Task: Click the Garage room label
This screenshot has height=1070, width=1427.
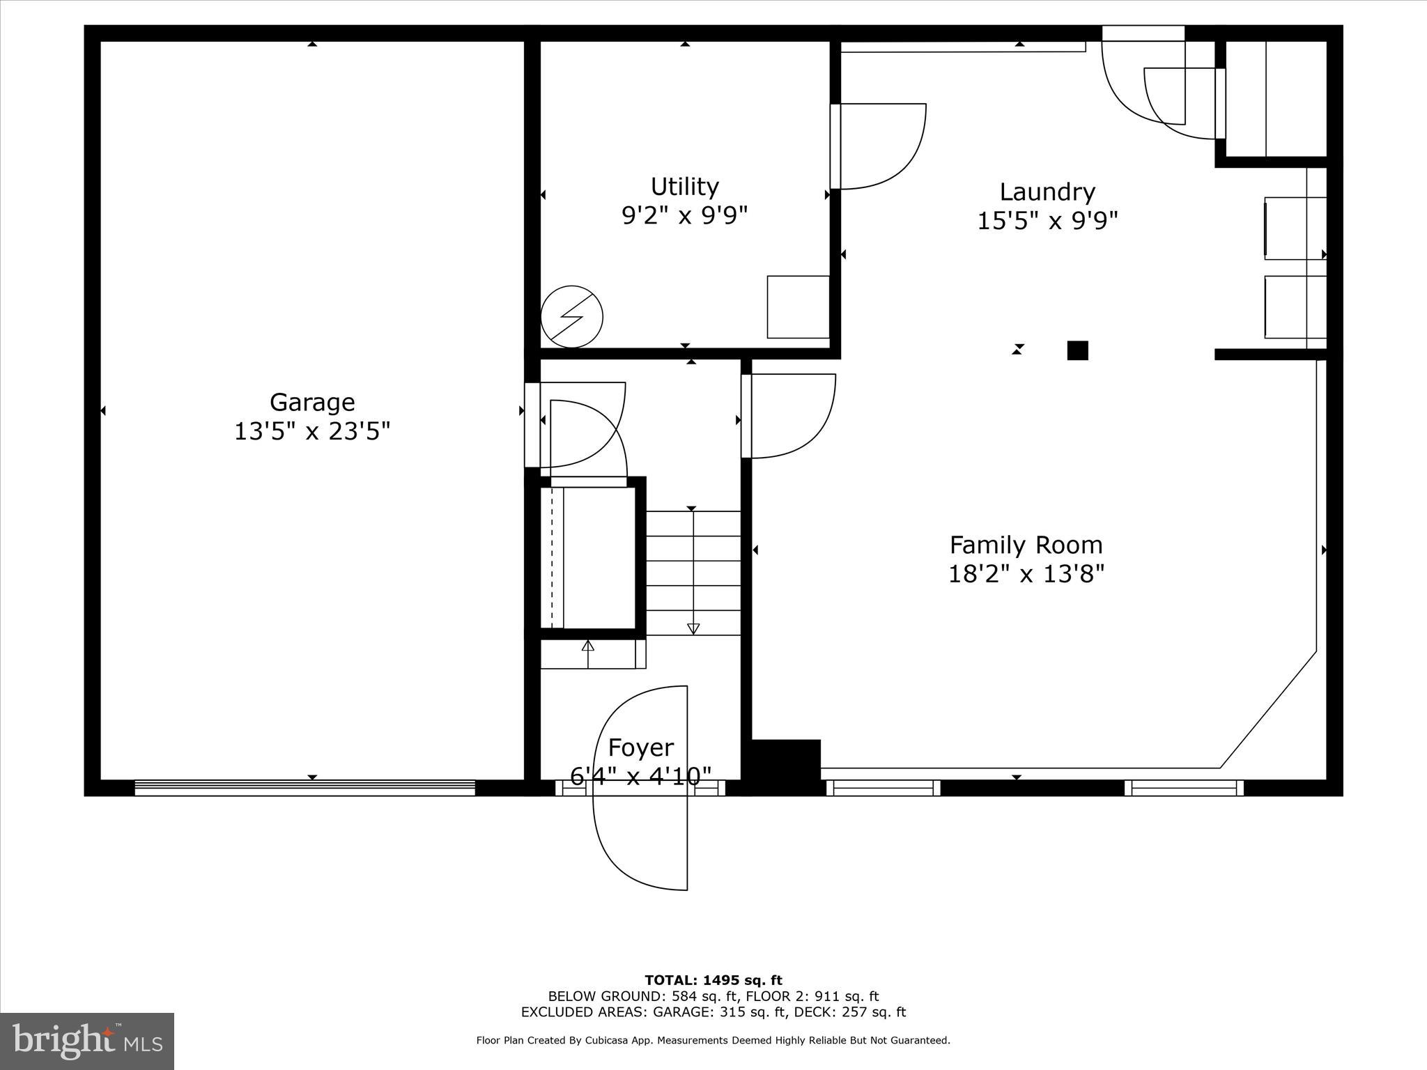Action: point(312,402)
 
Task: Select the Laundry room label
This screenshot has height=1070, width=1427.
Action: point(1047,192)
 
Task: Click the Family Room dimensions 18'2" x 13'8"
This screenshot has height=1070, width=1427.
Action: point(1026,574)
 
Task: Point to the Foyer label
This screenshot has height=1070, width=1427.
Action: point(640,747)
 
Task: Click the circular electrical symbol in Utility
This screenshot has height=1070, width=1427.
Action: point(571,316)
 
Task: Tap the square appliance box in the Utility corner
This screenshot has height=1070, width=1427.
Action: point(798,307)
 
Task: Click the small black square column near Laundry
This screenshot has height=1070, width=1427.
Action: point(1077,350)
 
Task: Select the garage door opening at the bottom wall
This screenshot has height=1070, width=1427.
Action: point(304,788)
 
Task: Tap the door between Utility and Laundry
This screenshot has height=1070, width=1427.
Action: point(878,146)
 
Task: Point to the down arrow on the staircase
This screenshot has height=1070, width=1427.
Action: point(693,628)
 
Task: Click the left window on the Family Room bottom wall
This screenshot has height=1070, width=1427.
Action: point(883,788)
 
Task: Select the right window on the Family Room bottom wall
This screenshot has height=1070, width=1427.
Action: point(1184,788)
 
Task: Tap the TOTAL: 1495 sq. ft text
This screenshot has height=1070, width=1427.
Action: point(713,981)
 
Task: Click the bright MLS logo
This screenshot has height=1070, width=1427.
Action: point(87,1041)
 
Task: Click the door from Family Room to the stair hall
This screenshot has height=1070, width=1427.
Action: point(791,416)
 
